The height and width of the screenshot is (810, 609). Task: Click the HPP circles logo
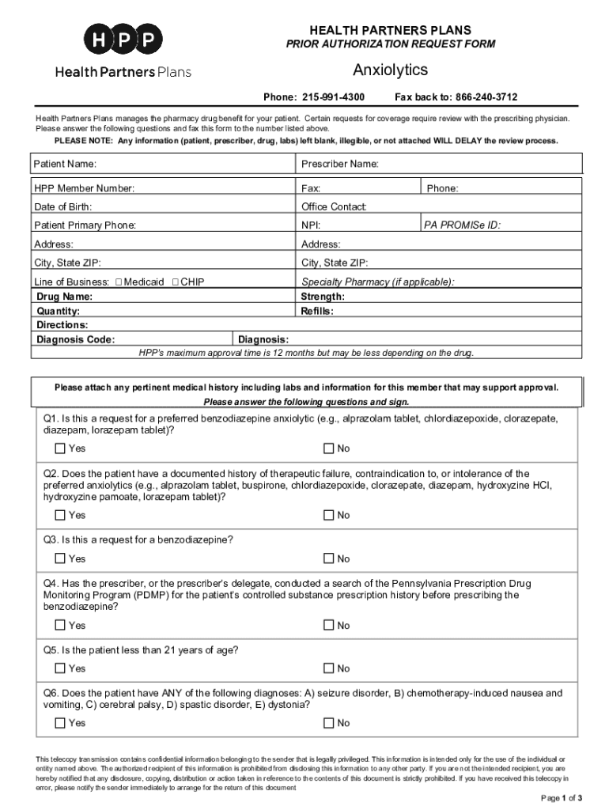[123, 40]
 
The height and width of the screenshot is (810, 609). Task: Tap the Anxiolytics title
[390, 70]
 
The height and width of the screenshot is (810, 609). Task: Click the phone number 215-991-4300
[332, 97]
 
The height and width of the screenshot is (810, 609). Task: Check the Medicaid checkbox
[119, 282]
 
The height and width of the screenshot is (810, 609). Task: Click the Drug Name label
[65, 297]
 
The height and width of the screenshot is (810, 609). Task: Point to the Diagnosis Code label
[76, 340]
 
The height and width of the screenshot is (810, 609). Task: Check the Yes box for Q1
[60, 449]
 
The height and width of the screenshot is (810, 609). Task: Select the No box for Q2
[329, 515]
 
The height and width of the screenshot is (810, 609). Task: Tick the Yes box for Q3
[60, 558]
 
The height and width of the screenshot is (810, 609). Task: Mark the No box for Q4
[329, 625]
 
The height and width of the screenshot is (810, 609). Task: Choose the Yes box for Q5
[60, 668]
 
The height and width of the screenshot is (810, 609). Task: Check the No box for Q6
[329, 723]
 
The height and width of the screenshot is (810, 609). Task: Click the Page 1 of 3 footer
[562, 797]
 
